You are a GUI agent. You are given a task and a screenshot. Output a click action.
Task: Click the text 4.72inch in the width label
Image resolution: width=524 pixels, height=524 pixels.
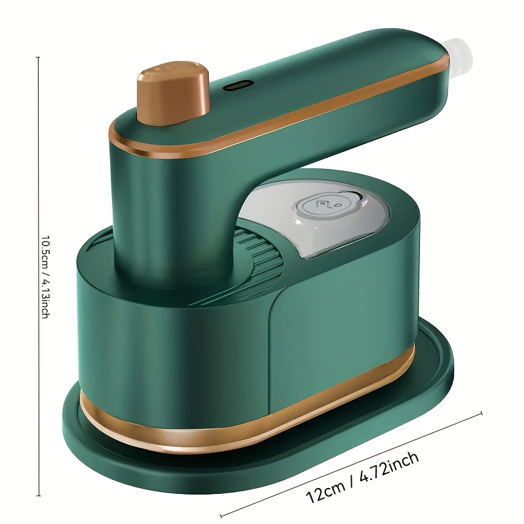[389, 466]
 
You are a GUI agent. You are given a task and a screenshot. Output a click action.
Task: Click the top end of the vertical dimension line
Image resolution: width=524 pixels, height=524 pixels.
[38, 58]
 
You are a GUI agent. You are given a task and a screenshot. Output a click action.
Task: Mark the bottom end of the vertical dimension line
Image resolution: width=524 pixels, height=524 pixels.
[39, 496]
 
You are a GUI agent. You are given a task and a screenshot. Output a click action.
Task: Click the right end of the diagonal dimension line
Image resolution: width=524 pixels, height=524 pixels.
[481, 413]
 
